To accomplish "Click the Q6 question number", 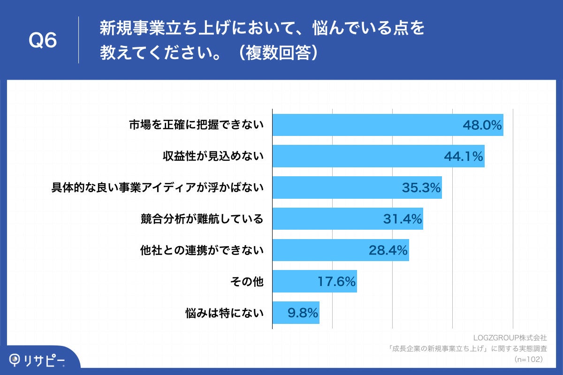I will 43,41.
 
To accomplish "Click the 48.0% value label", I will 482,125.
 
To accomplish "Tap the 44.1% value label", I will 463,157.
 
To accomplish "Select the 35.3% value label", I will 421,188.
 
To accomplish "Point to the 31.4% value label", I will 403,219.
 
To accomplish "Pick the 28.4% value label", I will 388,250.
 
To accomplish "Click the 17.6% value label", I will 336,282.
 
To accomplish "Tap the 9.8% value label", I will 303,313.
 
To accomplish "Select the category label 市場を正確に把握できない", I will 197,125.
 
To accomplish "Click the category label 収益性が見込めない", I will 210,157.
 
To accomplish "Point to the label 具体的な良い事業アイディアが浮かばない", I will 157,188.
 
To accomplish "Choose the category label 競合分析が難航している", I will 202,219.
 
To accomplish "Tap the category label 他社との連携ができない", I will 202,250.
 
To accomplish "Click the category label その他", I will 247,282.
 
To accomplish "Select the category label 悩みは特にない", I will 225,313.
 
